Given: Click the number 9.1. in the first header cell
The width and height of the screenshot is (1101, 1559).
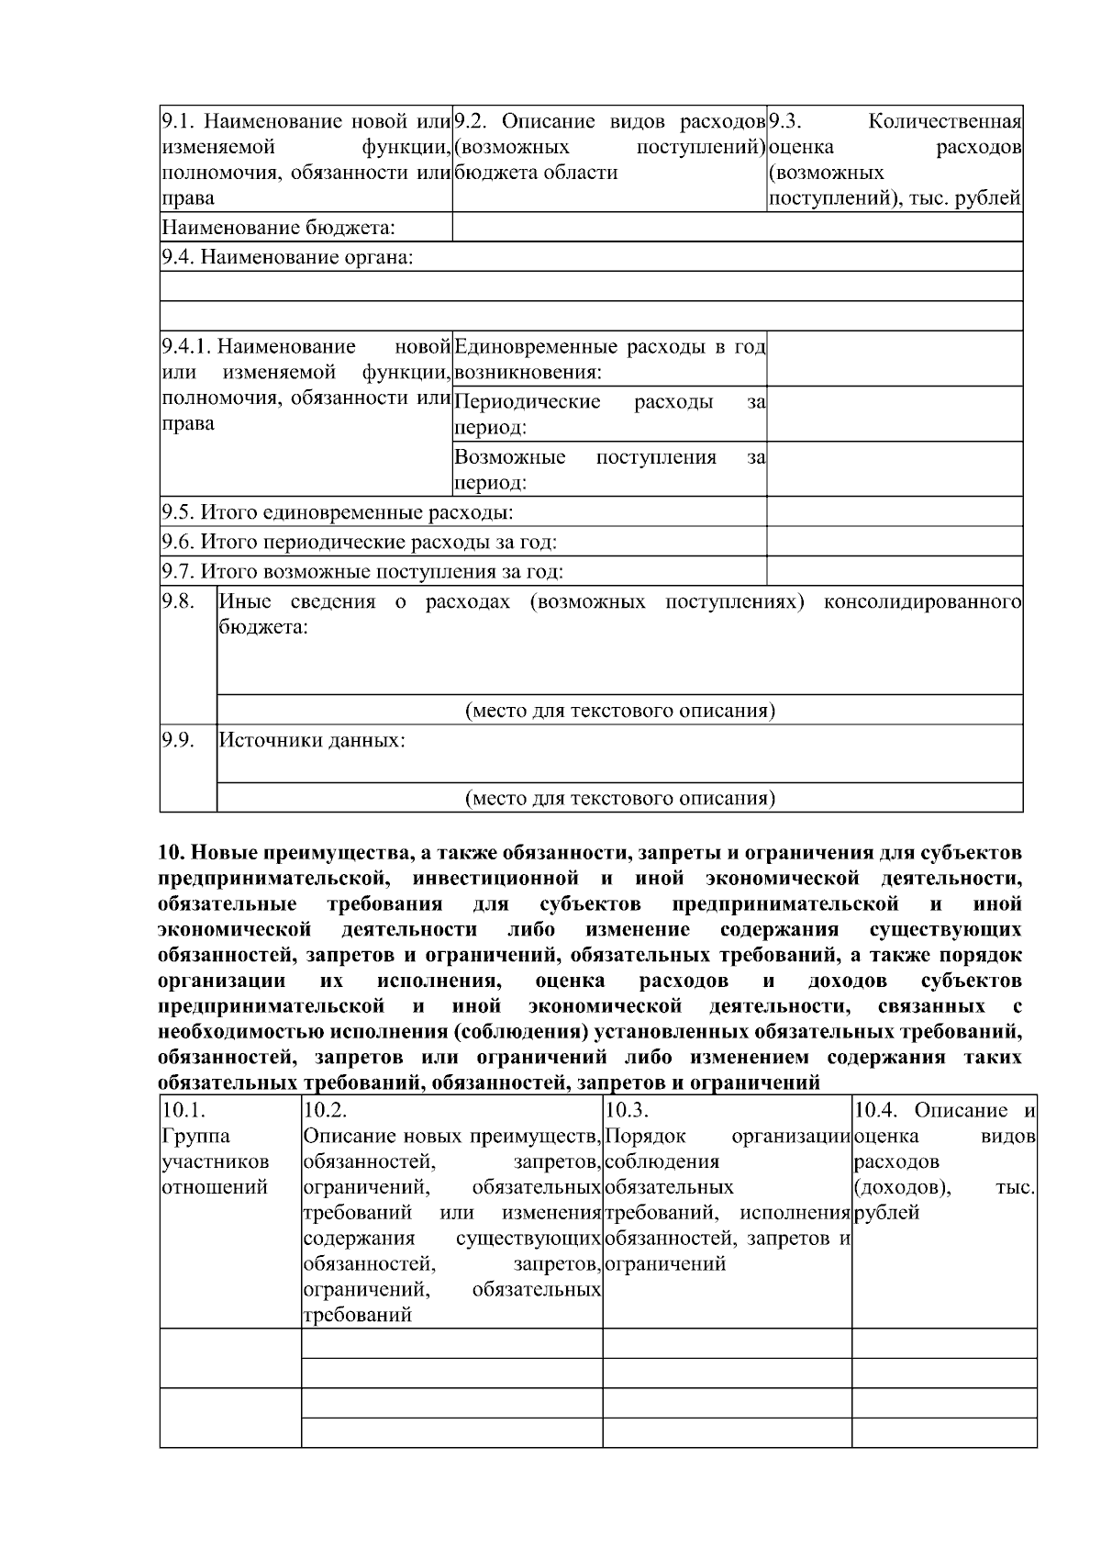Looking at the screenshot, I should (178, 122).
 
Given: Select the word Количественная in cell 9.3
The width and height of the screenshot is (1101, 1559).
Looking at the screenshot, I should (945, 122).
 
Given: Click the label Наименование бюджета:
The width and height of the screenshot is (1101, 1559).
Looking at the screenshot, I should (278, 228).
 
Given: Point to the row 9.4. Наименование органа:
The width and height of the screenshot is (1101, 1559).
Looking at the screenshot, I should (287, 257).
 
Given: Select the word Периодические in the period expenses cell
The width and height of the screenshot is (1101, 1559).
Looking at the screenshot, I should (528, 402).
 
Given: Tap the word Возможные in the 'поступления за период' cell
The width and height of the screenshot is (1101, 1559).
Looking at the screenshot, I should (510, 457).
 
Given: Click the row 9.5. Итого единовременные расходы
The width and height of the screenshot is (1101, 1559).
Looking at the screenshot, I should (337, 512).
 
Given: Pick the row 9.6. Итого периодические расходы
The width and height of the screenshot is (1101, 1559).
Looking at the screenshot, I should (359, 543).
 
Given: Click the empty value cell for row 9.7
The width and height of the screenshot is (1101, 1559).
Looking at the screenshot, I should (894, 572).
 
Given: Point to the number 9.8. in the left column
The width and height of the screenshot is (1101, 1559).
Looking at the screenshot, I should (178, 601).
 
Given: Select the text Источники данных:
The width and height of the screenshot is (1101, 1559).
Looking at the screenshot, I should (312, 740).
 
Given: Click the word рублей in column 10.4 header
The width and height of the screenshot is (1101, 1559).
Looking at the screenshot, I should (886, 1214).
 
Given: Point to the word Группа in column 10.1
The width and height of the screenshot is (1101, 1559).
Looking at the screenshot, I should (187, 1137).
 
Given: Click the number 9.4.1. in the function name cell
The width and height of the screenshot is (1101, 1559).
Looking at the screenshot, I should (186, 347).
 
